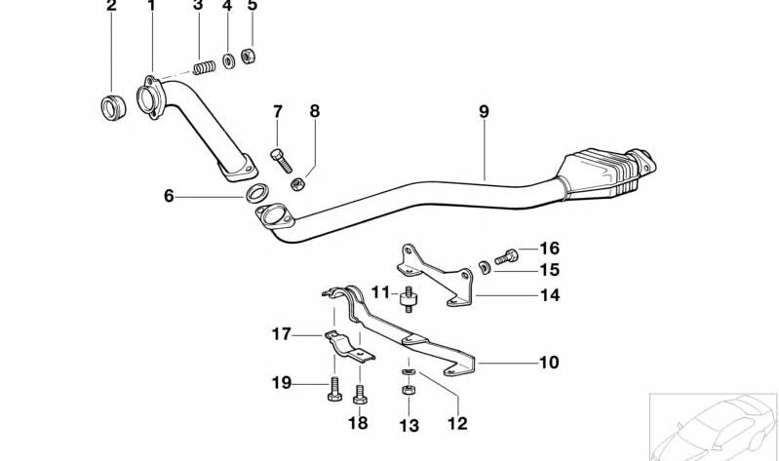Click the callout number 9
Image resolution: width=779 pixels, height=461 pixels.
(483, 112)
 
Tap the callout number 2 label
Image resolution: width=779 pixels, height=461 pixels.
(111, 6)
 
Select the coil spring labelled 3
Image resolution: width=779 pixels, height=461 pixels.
(204, 66)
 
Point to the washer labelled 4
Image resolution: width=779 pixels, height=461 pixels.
(227, 61)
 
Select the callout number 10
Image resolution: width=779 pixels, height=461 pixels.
(549, 363)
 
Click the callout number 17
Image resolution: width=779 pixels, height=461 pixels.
(281, 334)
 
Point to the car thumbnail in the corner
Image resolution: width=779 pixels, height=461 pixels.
(714, 425)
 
